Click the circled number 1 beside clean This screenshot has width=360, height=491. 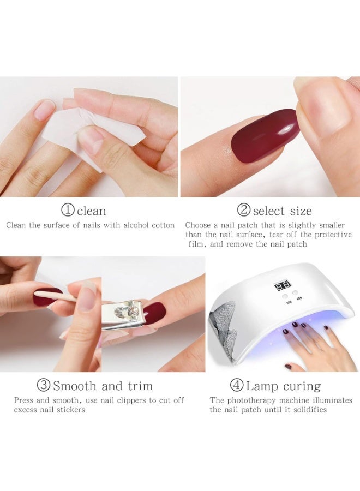pos(68,211)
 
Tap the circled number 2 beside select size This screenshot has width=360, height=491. pos(244,211)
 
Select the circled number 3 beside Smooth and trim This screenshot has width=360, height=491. pos(44,386)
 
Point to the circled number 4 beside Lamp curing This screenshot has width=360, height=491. pos(237,386)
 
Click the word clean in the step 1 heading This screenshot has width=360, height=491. pos(92,211)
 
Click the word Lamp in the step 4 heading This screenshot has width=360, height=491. pos(262,386)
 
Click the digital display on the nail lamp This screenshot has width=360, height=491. pos(283,285)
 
